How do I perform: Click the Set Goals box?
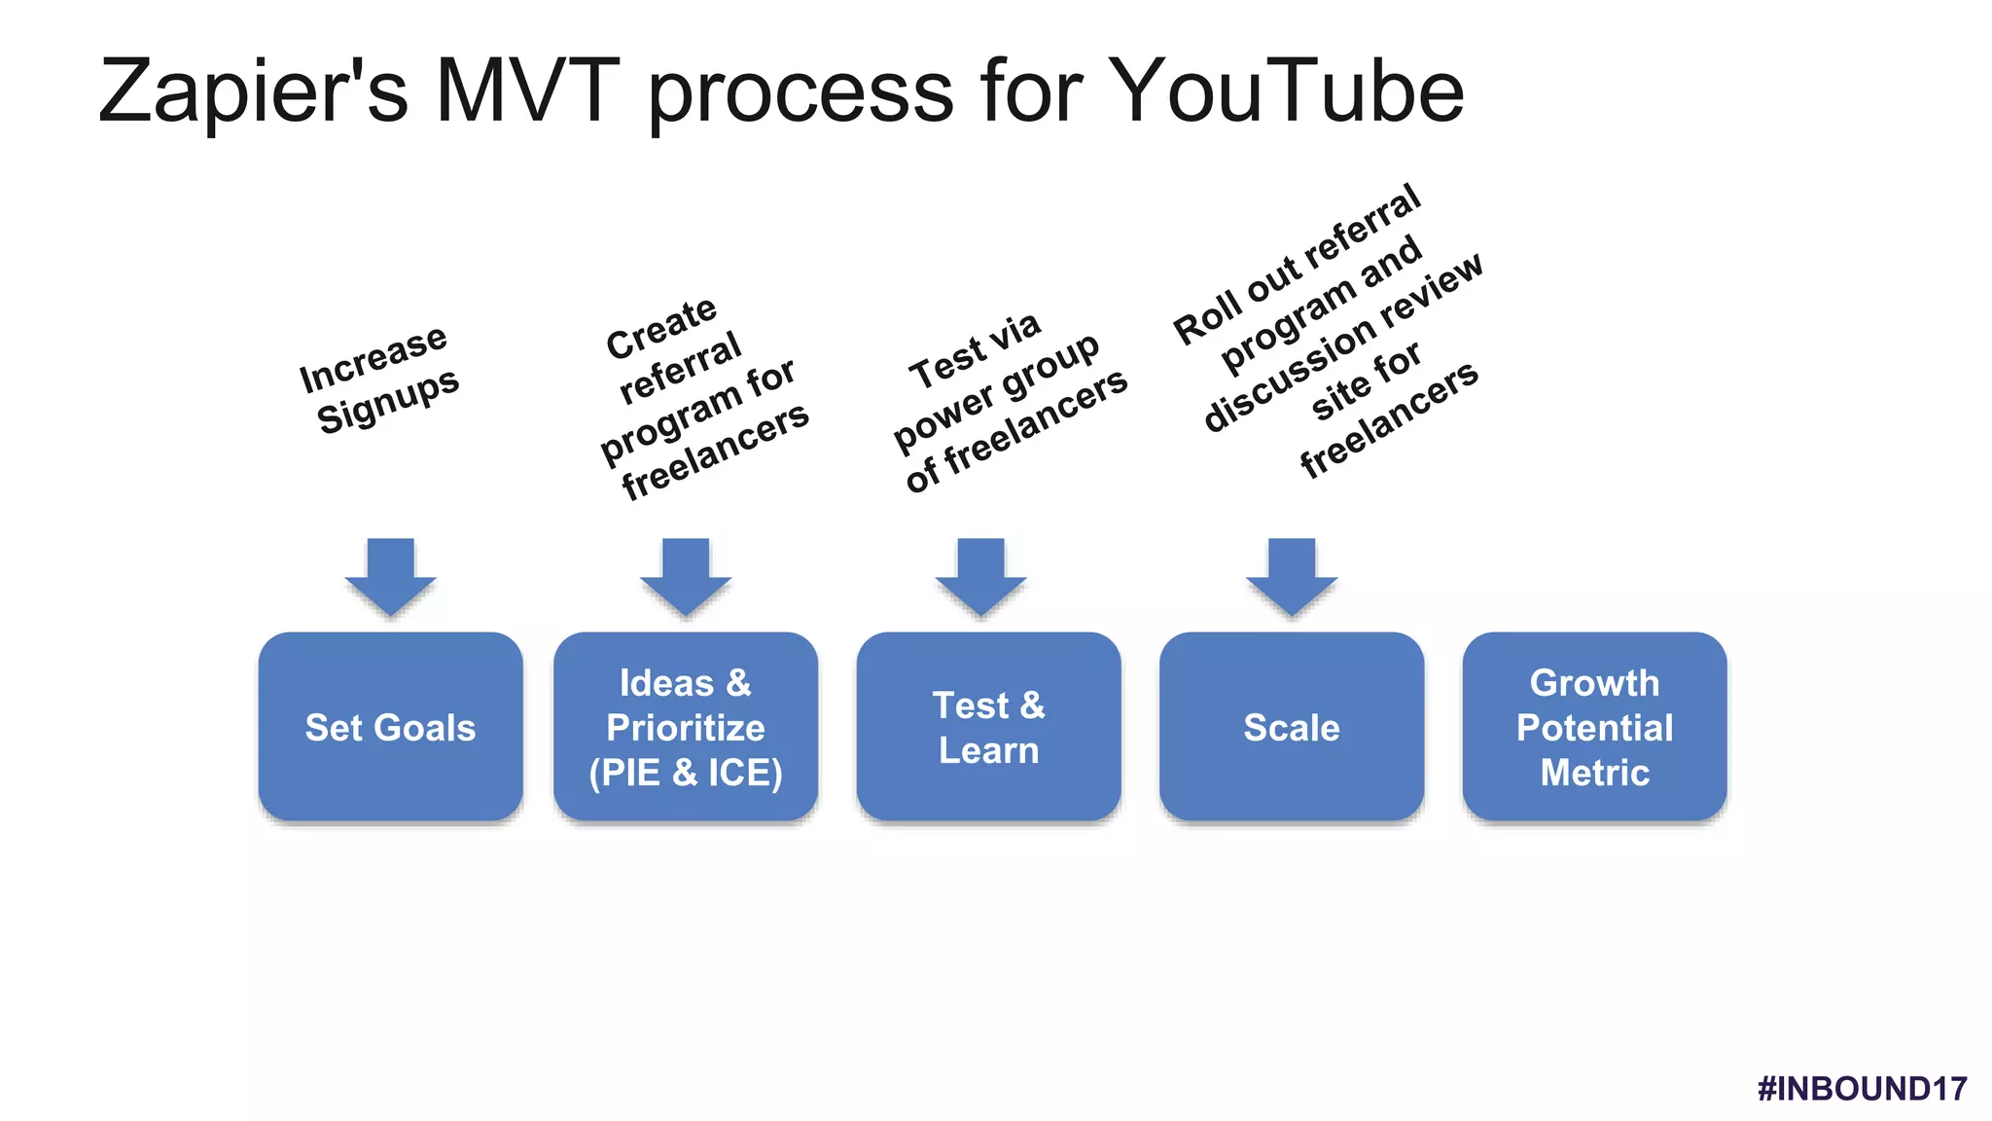pyautogui.click(x=390, y=727)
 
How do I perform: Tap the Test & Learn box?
pyautogui.click(x=988, y=727)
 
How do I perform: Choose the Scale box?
pyautogui.click(x=1291, y=727)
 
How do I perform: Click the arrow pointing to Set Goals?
pyautogui.click(x=390, y=576)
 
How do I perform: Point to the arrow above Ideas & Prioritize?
pyautogui.click(x=685, y=576)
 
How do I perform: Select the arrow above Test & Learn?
pyautogui.click(x=980, y=576)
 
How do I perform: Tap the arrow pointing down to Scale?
pyautogui.click(x=1292, y=576)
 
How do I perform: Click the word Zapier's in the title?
pyautogui.click(x=253, y=92)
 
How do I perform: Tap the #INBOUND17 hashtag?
pyautogui.click(x=1862, y=1088)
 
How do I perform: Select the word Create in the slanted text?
pyautogui.click(x=661, y=328)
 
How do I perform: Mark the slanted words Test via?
pyautogui.click(x=975, y=350)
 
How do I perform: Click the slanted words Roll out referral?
pyautogui.click(x=1298, y=265)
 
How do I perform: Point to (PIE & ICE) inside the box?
pyautogui.click(x=685, y=773)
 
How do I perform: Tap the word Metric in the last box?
pyautogui.click(x=1594, y=773)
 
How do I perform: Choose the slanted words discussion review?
pyautogui.click(x=1342, y=341)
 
